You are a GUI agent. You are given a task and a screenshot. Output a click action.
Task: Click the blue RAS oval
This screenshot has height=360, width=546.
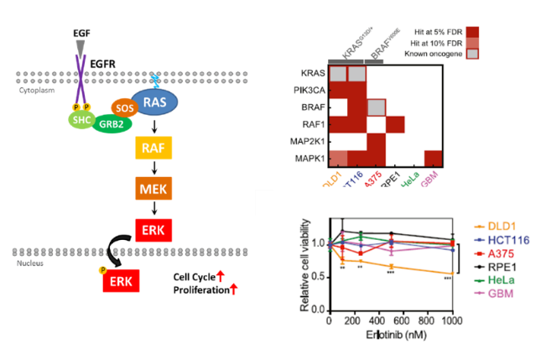point(154,102)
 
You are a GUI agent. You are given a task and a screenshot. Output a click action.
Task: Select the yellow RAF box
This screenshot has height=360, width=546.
point(153,150)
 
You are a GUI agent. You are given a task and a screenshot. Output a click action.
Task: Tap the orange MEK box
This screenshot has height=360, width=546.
point(153,187)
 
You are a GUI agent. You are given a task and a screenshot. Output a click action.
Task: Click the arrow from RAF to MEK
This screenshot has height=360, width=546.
point(153,169)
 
